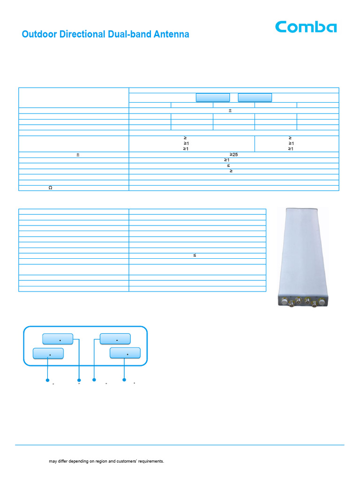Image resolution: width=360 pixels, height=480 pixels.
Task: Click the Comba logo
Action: [306, 27]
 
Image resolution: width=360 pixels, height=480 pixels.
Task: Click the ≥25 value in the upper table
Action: [233, 155]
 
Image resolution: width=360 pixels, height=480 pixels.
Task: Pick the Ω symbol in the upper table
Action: [51, 187]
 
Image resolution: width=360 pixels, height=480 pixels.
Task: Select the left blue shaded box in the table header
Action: [213, 97]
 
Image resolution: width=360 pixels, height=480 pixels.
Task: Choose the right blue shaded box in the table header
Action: [255, 97]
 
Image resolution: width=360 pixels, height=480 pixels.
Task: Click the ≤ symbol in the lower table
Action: [195, 255]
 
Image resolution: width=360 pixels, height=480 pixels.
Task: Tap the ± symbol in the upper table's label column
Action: [78, 155]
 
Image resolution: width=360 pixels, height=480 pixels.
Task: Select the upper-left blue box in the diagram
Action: [58, 339]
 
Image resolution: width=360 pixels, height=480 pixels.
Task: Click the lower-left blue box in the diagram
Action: [48, 353]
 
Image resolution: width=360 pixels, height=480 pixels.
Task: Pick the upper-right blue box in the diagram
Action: [115, 339]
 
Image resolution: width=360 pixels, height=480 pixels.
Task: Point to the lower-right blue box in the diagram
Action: [125, 353]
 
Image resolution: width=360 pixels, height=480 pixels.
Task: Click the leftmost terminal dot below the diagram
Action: [47, 380]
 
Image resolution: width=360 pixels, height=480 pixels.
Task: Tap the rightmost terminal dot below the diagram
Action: [124, 380]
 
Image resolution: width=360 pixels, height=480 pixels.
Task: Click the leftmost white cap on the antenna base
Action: [285, 302]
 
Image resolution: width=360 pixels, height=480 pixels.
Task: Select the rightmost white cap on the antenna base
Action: [322, 302]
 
